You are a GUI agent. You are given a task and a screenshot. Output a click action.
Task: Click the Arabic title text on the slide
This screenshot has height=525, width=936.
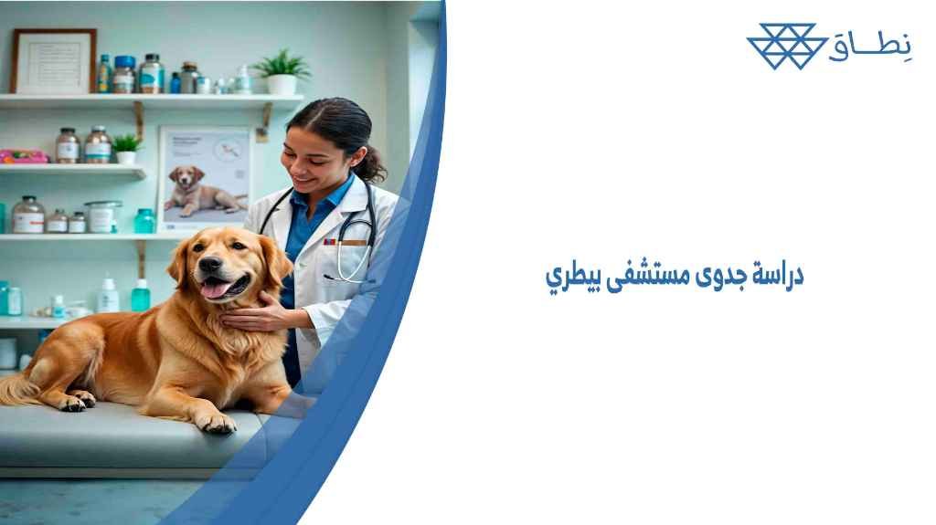[x=674, y=277]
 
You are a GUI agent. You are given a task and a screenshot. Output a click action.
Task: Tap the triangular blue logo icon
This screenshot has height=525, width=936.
[x=781, y=47]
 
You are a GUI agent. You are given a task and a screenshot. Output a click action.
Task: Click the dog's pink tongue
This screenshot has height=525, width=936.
[x=215, y=289]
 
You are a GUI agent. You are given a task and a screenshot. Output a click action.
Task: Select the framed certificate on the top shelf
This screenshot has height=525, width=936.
[x=54, y=60]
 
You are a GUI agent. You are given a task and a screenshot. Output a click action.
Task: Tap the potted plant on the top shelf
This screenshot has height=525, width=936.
[x=282, y=72]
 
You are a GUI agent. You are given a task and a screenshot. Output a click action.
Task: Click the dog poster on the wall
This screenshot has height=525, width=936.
[x=206, y=178]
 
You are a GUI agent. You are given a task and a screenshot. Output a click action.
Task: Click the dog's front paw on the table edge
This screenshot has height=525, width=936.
[x=217, y=421]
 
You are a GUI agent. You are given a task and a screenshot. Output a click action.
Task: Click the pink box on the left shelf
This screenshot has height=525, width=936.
[x=22, y=156]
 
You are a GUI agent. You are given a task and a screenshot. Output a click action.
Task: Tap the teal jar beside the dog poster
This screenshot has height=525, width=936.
[x=144, y=221]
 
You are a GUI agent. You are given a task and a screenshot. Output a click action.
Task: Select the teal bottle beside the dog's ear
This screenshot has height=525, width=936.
[x=140, y=296]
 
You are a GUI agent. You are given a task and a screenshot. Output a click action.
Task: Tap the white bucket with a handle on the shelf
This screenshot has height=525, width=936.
[x=101, y=216]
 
